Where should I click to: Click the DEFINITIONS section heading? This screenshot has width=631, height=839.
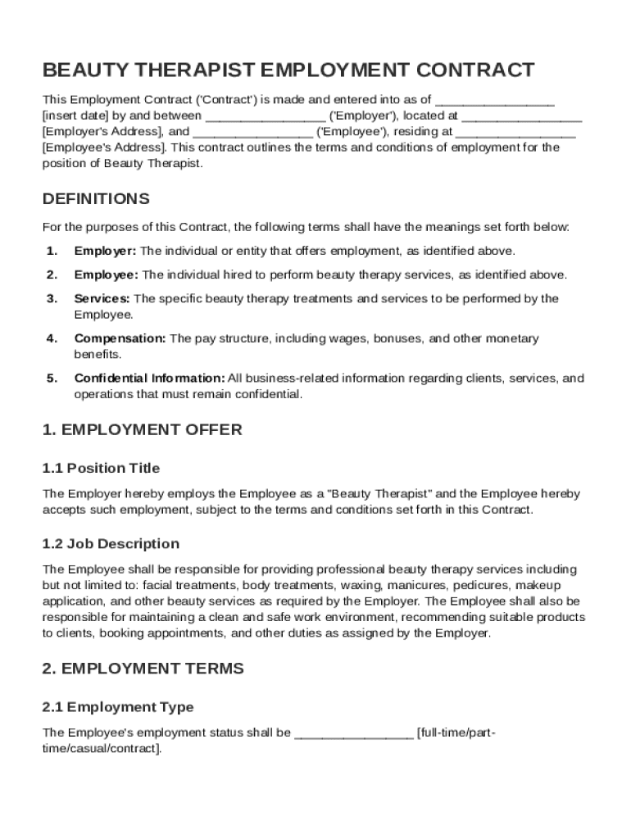click(96, 199)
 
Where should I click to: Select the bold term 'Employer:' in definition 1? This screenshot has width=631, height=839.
click(106, 251)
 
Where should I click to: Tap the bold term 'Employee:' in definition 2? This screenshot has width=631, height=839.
click(107, 274)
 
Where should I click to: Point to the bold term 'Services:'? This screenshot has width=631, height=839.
click(102, 298)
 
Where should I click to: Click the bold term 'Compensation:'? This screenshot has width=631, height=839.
click(120, 338)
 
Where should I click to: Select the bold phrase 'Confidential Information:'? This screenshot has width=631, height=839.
click(149, 379)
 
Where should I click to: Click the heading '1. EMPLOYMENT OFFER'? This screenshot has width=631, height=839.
click(142, 430)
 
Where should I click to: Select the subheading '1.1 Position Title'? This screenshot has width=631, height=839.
click(101, 469)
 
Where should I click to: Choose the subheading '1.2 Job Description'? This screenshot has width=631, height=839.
click(111, 544)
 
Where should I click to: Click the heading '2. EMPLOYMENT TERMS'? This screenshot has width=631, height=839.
click(143, 669)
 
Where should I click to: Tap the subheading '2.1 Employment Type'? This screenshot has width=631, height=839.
click(118, 707)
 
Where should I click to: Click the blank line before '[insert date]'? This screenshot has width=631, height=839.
click(494, 101)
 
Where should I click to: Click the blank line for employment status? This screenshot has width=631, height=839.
click(353, 732)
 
